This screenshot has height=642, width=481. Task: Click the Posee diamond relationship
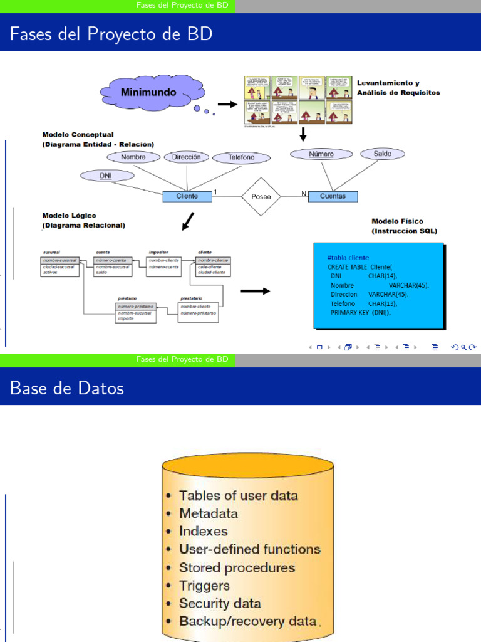(x=261, y=196)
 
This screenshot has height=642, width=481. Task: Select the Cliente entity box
(x=187, y=196)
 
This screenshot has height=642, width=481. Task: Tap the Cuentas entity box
(x=333, y=196)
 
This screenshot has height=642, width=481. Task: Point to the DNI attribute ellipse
(x=106, y=176)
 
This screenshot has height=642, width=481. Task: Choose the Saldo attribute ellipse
(x=382, y=154)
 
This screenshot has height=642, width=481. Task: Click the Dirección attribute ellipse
(x=186, y=157)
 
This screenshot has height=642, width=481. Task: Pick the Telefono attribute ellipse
(x=241, y=158)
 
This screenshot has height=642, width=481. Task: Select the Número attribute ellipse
(x=321, y=154)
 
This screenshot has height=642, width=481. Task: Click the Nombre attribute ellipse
(x=133, y=157)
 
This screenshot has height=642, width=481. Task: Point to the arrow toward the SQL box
(x=256, y=291)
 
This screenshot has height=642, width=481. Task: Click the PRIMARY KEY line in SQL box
(x=360, y=312)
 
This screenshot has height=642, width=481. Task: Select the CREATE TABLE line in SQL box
(x=359, y=266)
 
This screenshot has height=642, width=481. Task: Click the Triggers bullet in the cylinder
(x=204, y=586)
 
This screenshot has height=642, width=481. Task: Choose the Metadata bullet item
(x=208, y=513)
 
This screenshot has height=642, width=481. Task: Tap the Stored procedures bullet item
(x=237, y=567)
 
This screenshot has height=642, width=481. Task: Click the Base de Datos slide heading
(x=67, y=388)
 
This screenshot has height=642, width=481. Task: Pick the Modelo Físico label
(x=397, y=221)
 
